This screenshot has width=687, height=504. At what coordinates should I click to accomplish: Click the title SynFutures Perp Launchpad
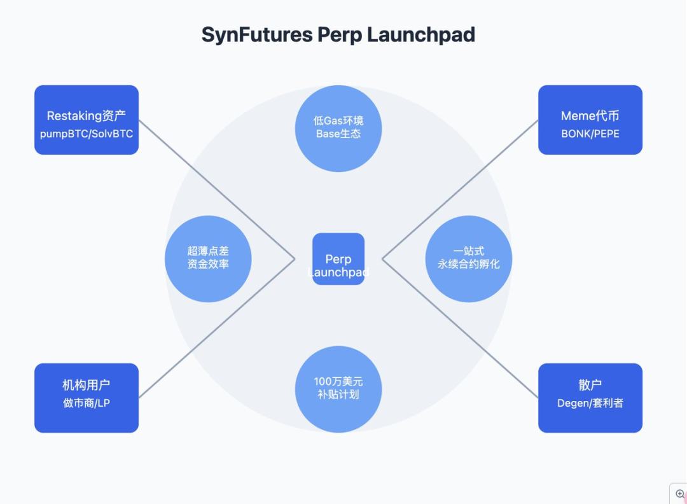(x=338, y=34)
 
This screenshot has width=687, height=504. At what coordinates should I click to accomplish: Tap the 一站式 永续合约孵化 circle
(x=469, y=258)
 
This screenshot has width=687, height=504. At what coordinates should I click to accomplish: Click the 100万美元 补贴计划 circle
(x=338, y=388)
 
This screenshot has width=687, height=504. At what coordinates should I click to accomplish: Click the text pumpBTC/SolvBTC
(x=87, y=134)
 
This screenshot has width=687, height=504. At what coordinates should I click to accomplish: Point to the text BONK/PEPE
(x=590, y=134)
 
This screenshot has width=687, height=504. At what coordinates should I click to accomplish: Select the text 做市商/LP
(x=87, y=403)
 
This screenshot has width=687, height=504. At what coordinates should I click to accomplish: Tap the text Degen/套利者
(x=590, y=403)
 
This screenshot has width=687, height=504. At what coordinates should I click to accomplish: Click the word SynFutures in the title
(x=256, y=34)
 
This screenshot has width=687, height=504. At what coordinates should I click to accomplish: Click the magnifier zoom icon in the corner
(x=679, y=494)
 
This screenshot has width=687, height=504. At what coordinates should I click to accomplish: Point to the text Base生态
(x=338, y=134)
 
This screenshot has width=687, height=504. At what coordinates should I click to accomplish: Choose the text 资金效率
(x=208, y=264)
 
